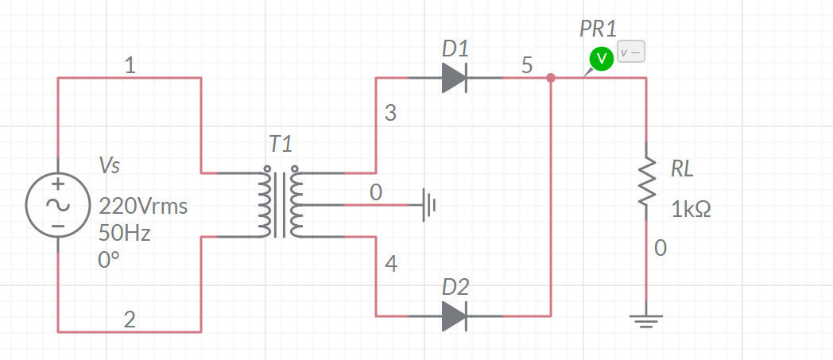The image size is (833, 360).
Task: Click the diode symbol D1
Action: pyautogui.click(x=454, y=78)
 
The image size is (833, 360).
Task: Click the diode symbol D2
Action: pyautogui.click(x=454, y=316)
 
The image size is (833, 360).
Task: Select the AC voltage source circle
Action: pyautogui.click(x=58, y=205)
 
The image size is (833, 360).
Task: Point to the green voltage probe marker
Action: pyautogui.click(x=601, y=58)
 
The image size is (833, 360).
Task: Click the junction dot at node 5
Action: pyautogui.click(x=551, y=78)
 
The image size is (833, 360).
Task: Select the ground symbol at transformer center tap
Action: pyautogui.click(x=429, y=205)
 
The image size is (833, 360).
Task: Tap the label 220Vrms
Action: pyautogui.click(x=143, y=207)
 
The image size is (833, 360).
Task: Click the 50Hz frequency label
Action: pyautogui.click(x=124, y=234)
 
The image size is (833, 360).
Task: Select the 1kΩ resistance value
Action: pyautogui.click(x=690, y=210)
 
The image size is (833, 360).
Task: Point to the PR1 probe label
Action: pyautogui.click(x=598, y=29)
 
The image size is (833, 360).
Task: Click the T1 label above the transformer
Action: pyautogui.click(x=281, y=144)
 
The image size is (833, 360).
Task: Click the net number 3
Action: pyautogui.click(x=389, y=113)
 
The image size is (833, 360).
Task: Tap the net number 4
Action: pyautogui.click(x=389, y=265)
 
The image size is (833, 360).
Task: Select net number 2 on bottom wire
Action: pyautogui.click(x=130, y=320)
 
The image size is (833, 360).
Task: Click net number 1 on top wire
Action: pyautogui.click(x=130, y=68)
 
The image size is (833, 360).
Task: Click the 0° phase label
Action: pyautogui.click(x=109, y=260)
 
